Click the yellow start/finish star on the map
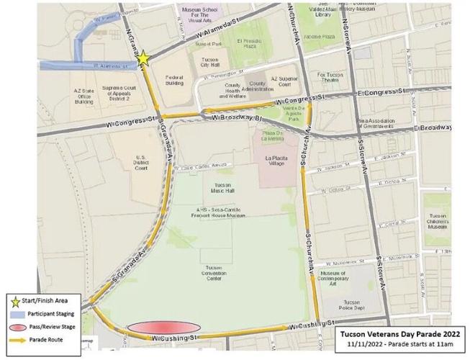click(x=143, y=58)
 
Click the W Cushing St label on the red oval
click(x=173, y=338)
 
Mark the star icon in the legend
click(x=14, y=301)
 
